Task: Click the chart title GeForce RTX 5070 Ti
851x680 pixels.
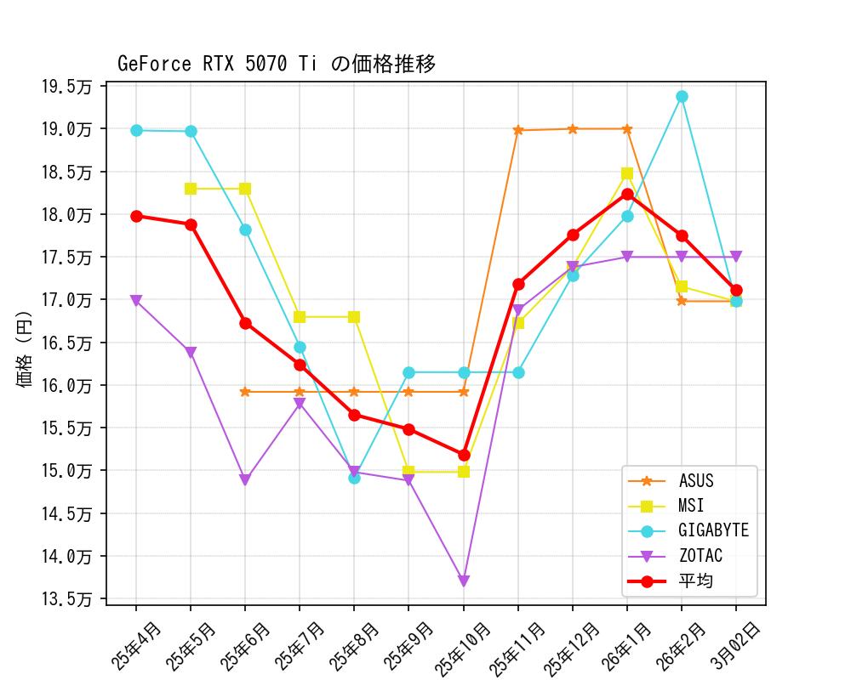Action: pyautogui.click(x=277, y=65)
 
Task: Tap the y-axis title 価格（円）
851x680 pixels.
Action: pyautogui.click(x=26, y=344)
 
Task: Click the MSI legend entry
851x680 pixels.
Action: pyautogui.click(x=690, y=507)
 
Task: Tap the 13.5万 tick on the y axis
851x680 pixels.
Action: pyautogui.click(x=68, y=599)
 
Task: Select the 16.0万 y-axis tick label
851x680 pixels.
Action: pyautogui.click(x=68, y=386)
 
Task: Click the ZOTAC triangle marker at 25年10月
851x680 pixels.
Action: pyautogui.click(x=464, y=581)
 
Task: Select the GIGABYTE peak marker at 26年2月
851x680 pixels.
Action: pyautogui.click(x=682, y=97)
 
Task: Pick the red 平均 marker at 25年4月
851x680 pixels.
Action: pyautogui.click(x=136, y=216)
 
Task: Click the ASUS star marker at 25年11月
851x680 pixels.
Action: pyautogui.click(x=518, y=130)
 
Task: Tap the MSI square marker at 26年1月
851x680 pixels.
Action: pyautogui.click(x=627, y=173)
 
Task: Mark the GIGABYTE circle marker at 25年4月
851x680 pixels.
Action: pyautogui.click(x=136, y=130)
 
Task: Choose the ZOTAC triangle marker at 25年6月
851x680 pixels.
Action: pyautogui.click(x=245, y=480)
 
